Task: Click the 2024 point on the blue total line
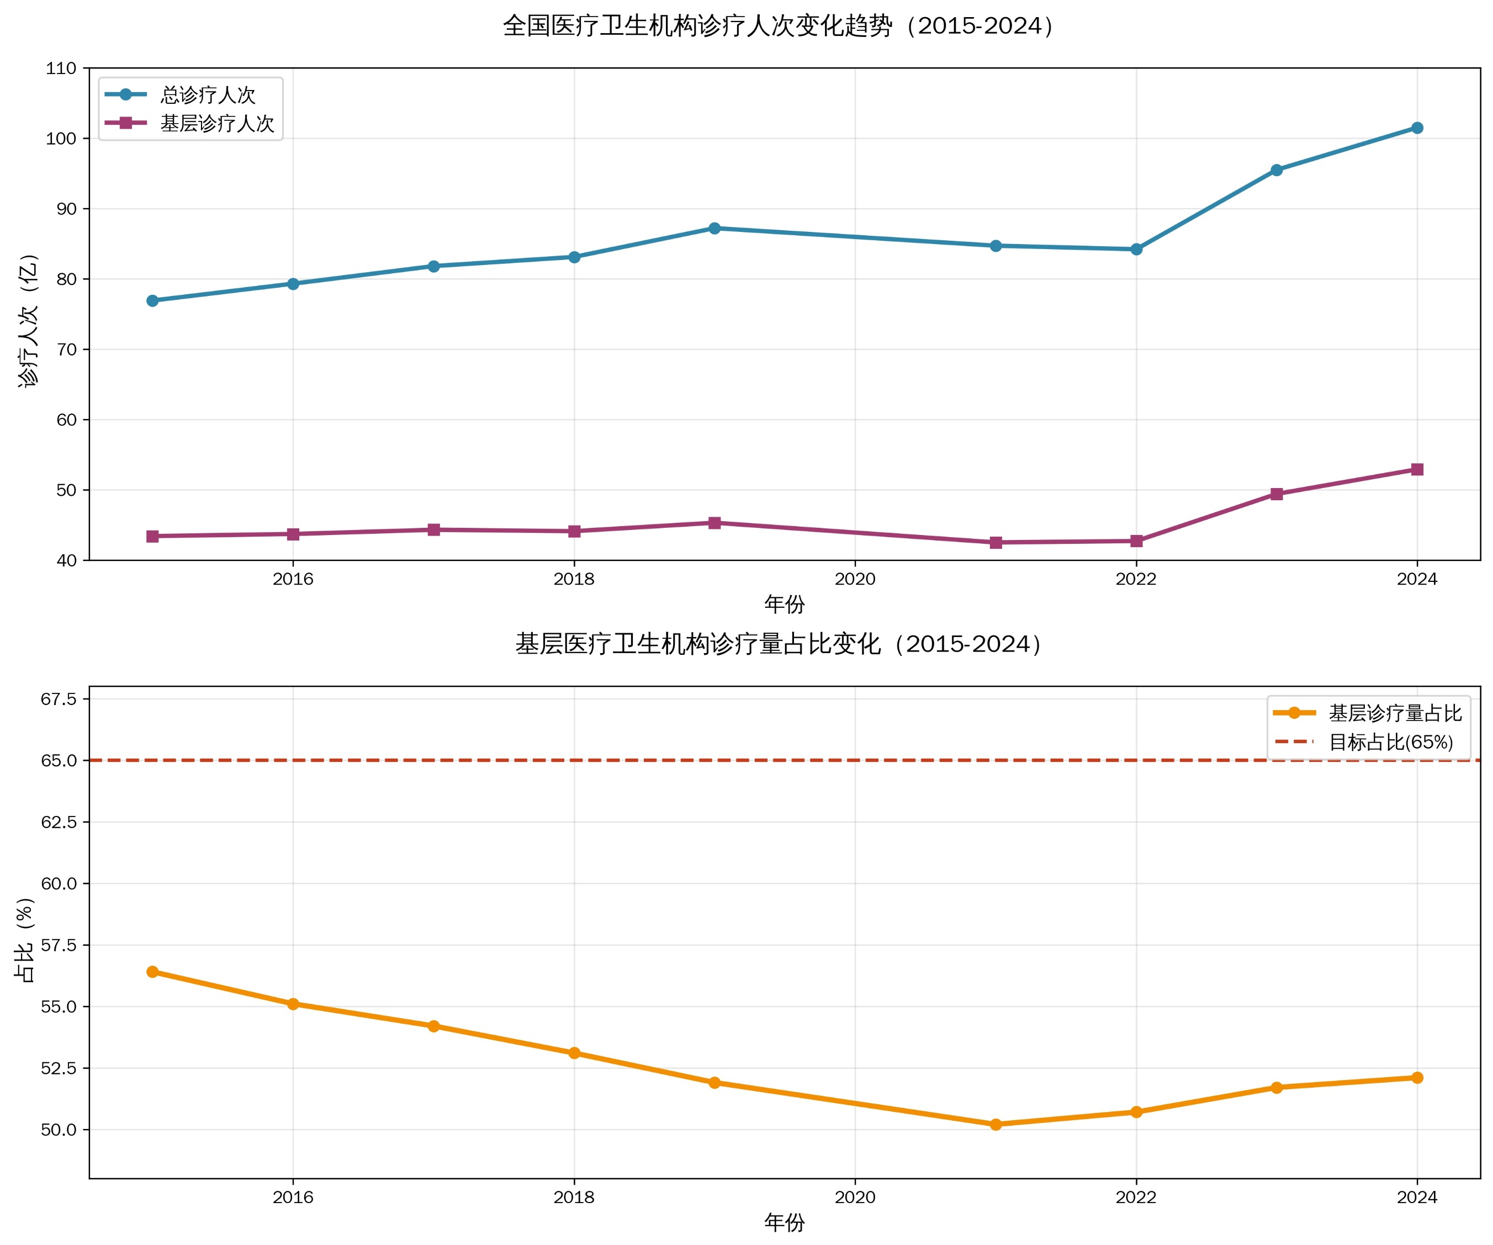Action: (1416, 128)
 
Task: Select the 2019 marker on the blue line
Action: (714, 228)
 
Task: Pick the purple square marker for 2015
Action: (152, 536)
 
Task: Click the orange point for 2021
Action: (996, 1124)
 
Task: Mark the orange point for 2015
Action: (152, 971)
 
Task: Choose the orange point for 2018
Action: (574, 1052)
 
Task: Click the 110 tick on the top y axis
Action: (61, 68)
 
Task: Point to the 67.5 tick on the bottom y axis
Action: (59, 698)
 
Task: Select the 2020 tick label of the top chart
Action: (855, 579)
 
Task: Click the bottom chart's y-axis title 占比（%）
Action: (24, 940)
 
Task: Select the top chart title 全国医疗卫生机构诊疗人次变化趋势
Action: (779, 25)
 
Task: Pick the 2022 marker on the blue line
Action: (1136, 249)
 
